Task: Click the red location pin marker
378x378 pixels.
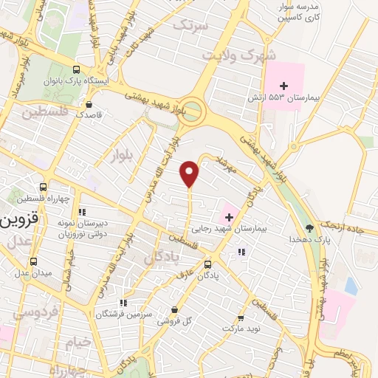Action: click(190, 173)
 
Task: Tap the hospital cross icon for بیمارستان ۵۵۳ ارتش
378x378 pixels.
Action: click(284, 86)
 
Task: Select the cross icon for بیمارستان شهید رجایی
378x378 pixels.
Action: click(229, 216)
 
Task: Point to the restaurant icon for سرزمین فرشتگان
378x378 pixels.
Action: click(123, 302)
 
